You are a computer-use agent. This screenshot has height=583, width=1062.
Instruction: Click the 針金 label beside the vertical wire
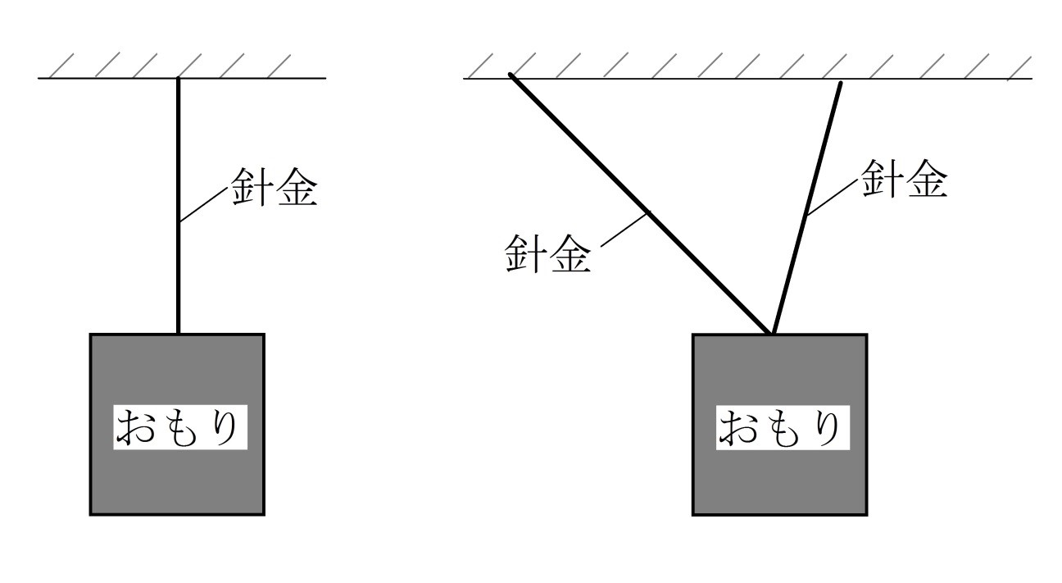click(x=274, y=187)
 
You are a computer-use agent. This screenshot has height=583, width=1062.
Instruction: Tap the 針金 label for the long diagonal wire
click(x=548, y=254)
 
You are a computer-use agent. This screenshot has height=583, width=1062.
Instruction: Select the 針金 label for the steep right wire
click(x=904, y=179)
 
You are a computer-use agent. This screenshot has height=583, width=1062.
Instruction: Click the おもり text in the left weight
click(x=177, y=427)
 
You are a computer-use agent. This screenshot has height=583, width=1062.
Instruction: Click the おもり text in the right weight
click(x=780, y=428)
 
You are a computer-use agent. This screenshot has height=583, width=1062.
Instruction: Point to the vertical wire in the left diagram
click(x=179, y=205)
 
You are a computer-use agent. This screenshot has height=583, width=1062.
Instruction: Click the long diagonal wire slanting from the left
click(x=639, y=204)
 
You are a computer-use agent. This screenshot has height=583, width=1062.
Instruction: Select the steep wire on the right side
click(x=806, y=208)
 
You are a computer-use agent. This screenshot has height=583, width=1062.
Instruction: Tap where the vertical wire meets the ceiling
click(x=179, y=78)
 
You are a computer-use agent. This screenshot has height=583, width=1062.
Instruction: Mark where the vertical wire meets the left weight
click(x=179, y=334)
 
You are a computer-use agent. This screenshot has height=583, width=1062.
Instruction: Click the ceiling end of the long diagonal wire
click(x=511, y=75)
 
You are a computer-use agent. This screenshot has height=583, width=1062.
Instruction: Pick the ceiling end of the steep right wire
click(x=841, y=84)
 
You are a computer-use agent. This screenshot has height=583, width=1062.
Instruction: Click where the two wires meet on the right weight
click(x=771, y=334)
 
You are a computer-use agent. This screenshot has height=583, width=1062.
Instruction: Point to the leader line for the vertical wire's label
click(x=204, y=205)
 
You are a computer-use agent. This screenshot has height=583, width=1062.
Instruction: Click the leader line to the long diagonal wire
click(x=626, y=229)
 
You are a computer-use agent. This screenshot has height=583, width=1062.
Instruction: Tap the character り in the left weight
click(x=225, y=428)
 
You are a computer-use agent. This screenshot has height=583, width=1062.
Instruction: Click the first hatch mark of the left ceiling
click(x=61, y=65)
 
